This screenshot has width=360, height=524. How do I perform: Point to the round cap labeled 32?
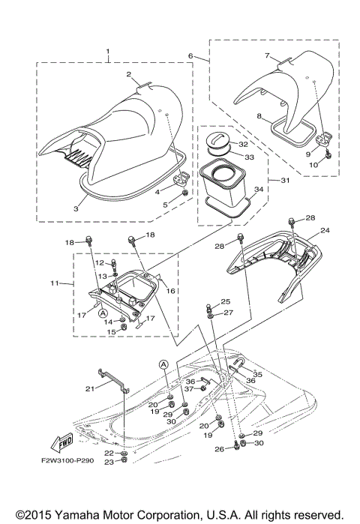click(x=218, y=142)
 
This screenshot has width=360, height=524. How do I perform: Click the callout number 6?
click(x=190, y=56)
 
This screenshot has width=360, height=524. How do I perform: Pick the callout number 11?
click(x=64, y=284)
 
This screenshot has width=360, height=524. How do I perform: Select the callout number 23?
click(x=109, y=462)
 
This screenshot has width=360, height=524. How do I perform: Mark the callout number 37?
click(x=190, y=388)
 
